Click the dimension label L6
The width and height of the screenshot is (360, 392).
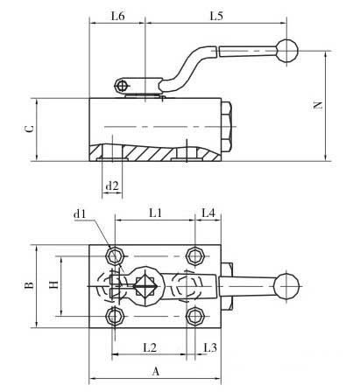coord(118,16)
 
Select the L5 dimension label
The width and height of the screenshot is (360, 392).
coord(216,16)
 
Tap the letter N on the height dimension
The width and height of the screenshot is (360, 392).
coord(318,105)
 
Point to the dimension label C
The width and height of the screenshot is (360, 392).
coord(30,129)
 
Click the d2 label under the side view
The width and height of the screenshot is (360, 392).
coord(112,185)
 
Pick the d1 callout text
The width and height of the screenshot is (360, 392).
coord(80,214)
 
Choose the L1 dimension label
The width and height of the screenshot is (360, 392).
coord(155,213)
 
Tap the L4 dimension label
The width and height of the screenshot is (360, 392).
coord(208,213)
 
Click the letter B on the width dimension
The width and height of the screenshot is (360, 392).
coord(29,285)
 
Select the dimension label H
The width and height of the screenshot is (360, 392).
coord(54,284)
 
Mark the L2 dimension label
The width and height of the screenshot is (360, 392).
coord(150,347)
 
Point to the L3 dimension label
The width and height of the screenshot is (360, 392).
coord(210,347)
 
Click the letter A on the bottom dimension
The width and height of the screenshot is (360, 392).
coord(156,371)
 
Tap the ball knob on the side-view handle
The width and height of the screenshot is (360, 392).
coord(286,51)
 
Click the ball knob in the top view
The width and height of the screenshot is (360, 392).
coord(286,286)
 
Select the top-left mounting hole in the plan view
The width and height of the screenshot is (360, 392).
coord(115,256)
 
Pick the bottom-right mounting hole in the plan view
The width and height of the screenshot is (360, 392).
coord(195,316)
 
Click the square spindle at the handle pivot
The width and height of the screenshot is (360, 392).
coord(145,286)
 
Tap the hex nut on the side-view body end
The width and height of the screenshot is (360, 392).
coord(227,127)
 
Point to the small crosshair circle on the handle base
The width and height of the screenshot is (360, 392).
coord(122,87)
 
